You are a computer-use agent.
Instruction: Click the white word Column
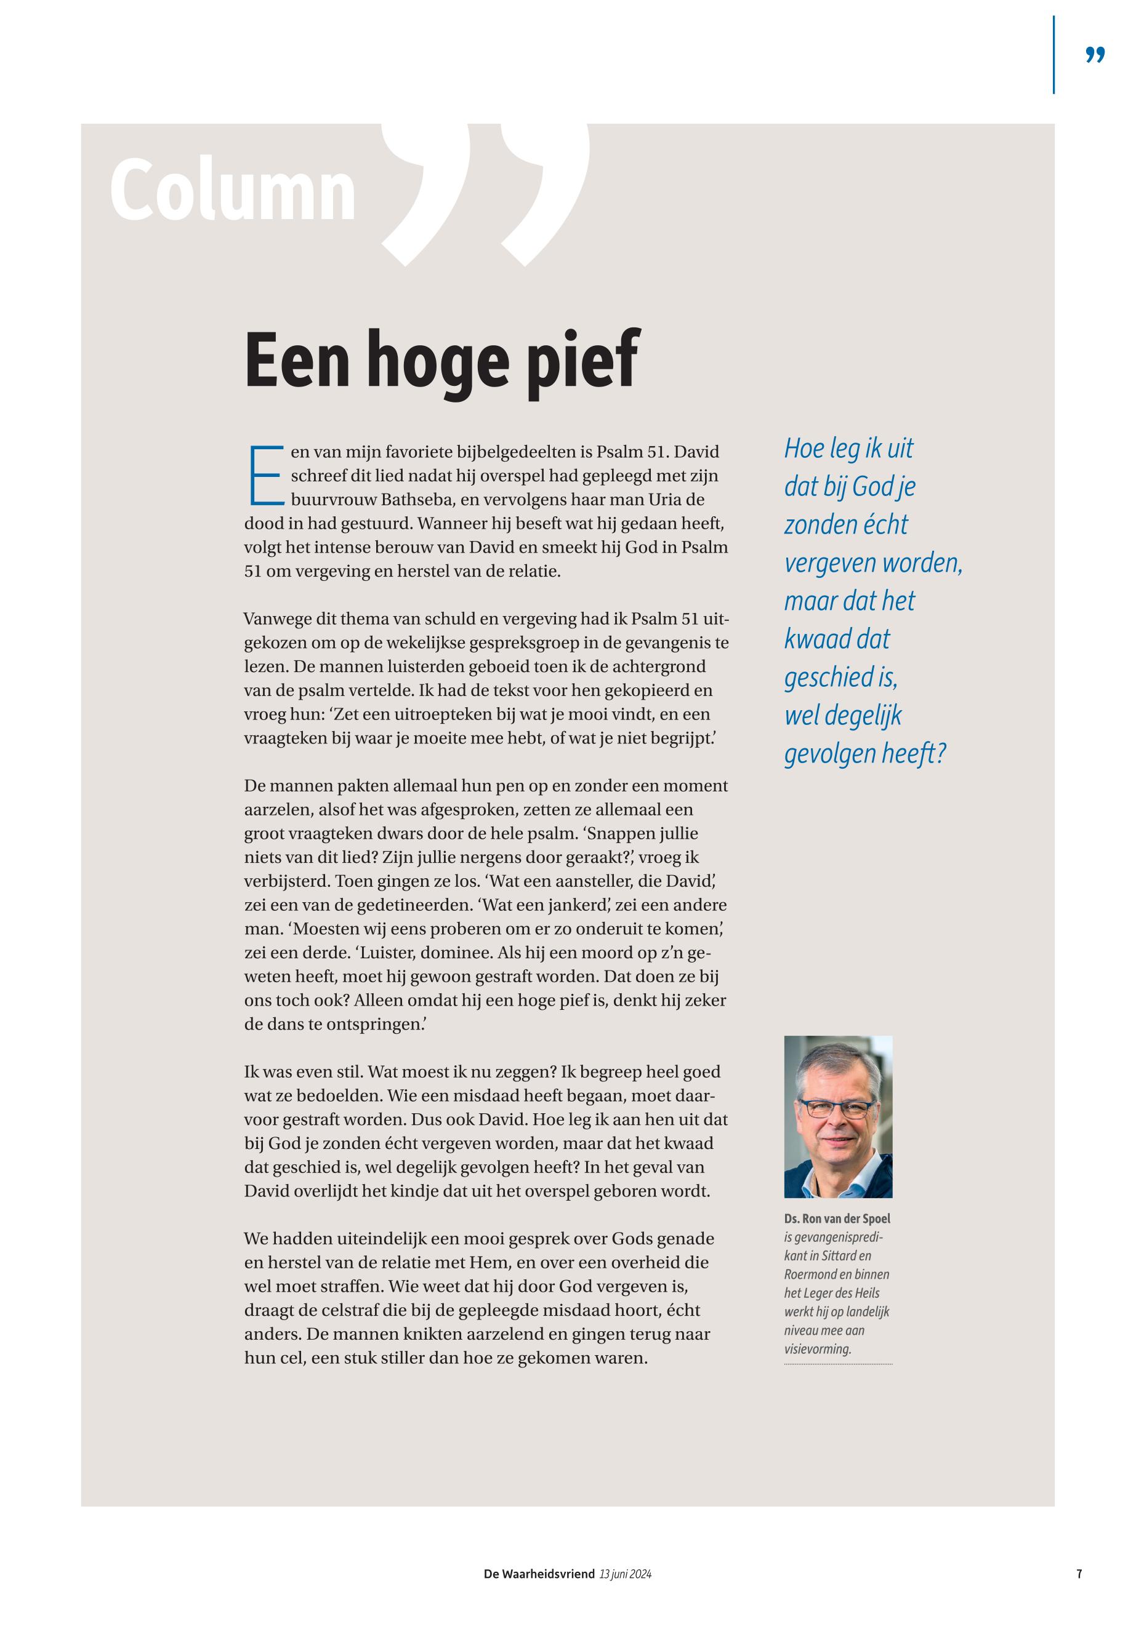tap(233, 191)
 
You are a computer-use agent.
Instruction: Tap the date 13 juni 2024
tap(626, 1574)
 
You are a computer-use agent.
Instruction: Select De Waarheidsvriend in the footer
tap(539, 1574)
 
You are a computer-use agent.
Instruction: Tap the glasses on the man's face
tap(836, 1108)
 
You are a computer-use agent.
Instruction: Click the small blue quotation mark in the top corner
tap(1095, 55)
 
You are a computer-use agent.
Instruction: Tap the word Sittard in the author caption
tap(845, 1255)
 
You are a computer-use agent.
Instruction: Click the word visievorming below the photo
tap(818, 1349)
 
